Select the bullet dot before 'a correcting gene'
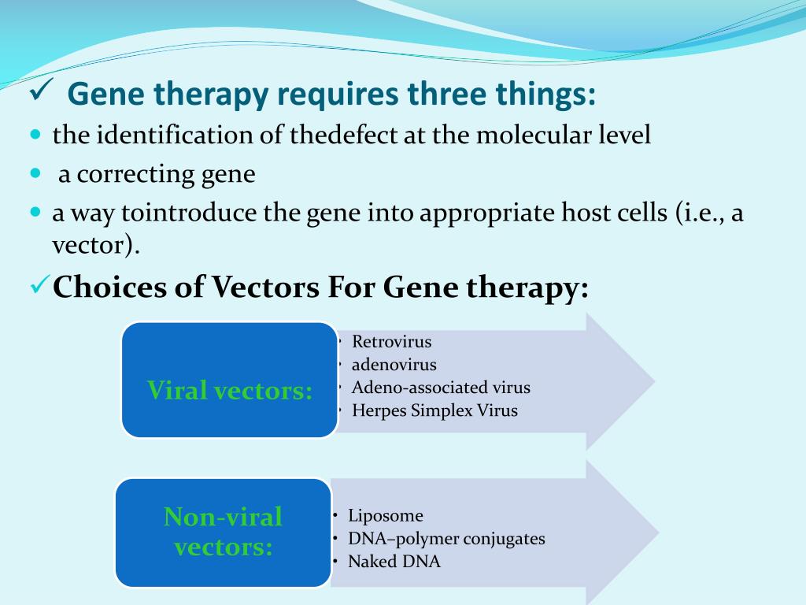tap(35, 173)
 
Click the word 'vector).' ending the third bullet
tap(95, 245)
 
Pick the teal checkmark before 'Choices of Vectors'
tap(40, 284)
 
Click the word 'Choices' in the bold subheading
tap(109, 287)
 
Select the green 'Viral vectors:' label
tap(229, 390)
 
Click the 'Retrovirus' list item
tap(391, 342)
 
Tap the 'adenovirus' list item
tap(394, 365)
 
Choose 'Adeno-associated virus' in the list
tap(441, 388)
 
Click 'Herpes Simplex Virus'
tap(434, 410)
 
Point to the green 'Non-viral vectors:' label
tap(223, 532)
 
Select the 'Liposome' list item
tap(386, 515)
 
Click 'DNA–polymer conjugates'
tap(446, 539)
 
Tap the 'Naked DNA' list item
tap(394, 561)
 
